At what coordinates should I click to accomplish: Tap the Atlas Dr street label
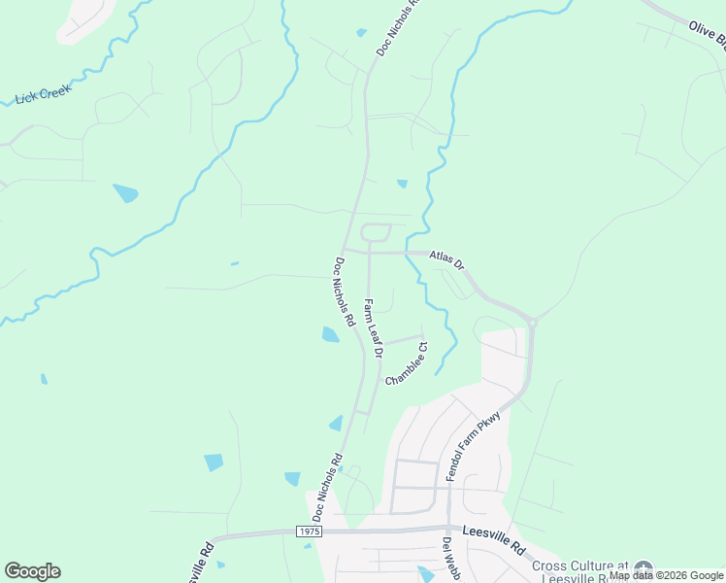[446, 261]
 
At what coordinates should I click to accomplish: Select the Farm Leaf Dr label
[373, 327]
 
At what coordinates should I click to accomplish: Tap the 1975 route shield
[309, 532]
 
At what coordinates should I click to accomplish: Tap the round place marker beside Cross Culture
[643, 568]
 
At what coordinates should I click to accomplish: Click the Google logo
[32, 571]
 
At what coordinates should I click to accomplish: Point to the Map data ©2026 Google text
[666, 575]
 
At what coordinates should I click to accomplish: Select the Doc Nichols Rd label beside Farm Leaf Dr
[344, 291]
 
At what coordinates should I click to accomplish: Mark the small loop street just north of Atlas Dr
[376, 233]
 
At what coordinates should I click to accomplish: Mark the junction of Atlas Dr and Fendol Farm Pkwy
[532, 320]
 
